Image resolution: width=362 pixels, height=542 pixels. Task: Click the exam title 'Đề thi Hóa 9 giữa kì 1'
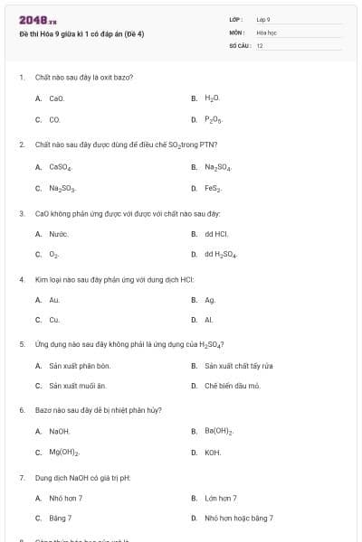81,33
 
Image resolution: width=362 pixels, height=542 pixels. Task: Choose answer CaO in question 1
56,98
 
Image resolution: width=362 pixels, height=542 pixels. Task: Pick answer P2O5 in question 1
213,119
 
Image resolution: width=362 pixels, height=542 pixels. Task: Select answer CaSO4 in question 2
60,167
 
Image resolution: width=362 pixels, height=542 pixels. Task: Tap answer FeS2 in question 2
213,189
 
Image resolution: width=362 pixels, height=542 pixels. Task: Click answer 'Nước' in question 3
59,234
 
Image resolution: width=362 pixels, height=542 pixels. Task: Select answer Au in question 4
54,299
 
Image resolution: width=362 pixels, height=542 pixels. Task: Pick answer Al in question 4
209,320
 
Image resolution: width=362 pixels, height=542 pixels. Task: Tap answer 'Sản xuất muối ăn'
78,386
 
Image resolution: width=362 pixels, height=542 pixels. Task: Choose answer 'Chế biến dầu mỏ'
232,386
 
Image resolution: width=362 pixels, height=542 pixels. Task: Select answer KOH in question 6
213,453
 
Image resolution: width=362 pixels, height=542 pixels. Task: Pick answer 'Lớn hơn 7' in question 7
221,498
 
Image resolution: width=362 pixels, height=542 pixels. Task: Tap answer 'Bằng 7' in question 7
61,519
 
